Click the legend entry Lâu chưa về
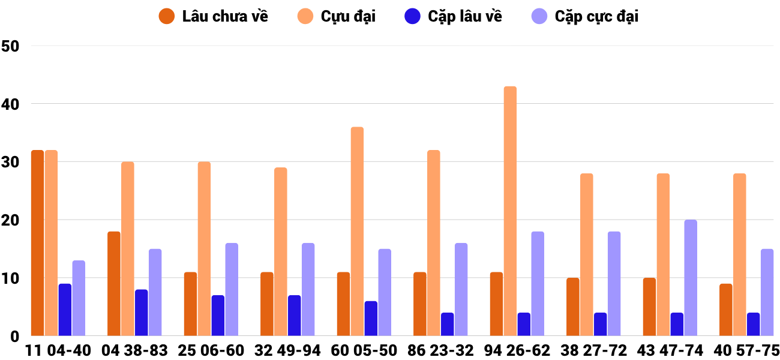click(x=214, y=16)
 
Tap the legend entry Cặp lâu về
click(x=453, y=16)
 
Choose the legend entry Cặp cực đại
click(x=585, y=16)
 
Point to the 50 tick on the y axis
click(x=11, y=46)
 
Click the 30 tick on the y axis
click(x=11, y=162)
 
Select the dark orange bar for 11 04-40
click(x=37, y=243)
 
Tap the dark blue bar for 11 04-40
click(x=65, y=310)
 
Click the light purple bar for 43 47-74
click(x=691, y=278)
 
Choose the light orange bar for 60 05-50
click(x=357, y=232)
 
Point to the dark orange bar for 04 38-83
click(x=114, y=284)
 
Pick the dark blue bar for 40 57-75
click(x=753, y=324)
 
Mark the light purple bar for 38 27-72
click(x=614, y=284)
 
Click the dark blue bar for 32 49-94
click(x=294, y=316)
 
